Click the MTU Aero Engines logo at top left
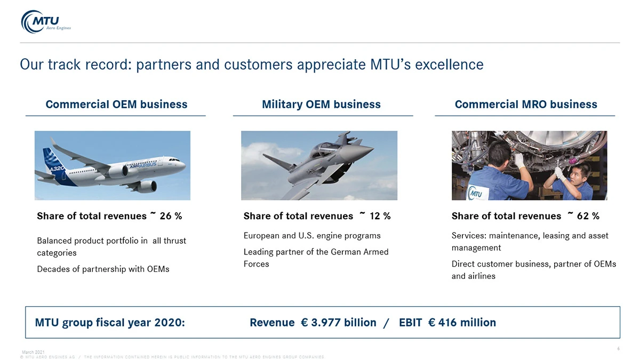click(46, 22)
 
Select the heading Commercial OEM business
click(116, 105)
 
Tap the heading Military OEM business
click(321, 105)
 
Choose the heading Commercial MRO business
click(526, 105)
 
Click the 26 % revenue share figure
click(171, 216)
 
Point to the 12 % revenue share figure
click(380, 216)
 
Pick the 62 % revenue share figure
click(588, 216)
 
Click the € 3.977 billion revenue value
click(339, 323)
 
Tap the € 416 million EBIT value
click(462, 323)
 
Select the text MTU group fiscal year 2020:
click(110, 323)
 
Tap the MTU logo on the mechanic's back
click(476, 194)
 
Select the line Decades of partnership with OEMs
click(103, 269)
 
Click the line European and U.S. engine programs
click(312, 236)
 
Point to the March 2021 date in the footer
click(33, 352)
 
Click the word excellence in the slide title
click(449, 65)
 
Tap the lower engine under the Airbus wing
click(147, 186)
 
